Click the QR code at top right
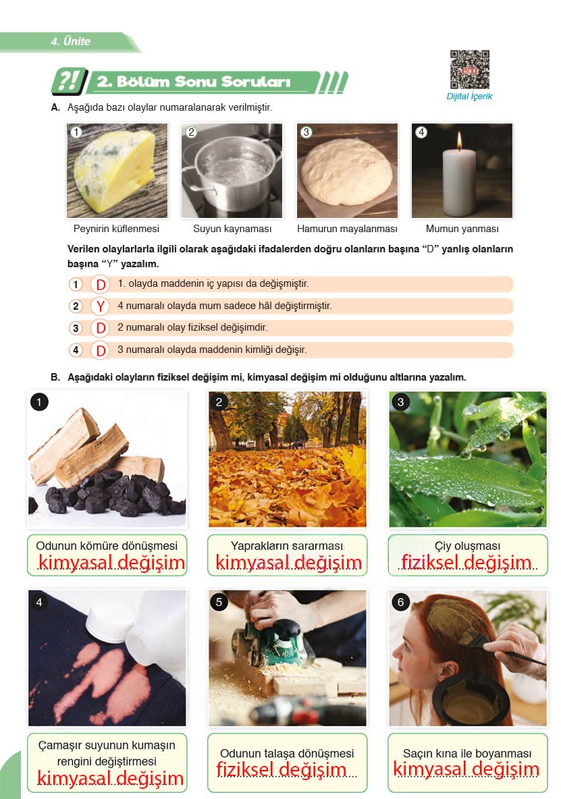click(469, 70)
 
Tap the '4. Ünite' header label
click(70, 42)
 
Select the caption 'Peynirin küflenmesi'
click(116, 229)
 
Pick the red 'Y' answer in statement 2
click(100, 306)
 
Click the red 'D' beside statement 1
click(100, 285)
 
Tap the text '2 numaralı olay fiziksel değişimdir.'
click(192, 327)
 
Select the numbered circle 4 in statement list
click(76, 350)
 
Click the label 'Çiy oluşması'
click(467, 545)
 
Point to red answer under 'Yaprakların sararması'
click(288, 563)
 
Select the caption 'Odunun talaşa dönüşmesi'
click(287, 753)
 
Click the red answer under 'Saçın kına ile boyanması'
click(466, 769)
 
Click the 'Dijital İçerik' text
click(469, 97)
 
